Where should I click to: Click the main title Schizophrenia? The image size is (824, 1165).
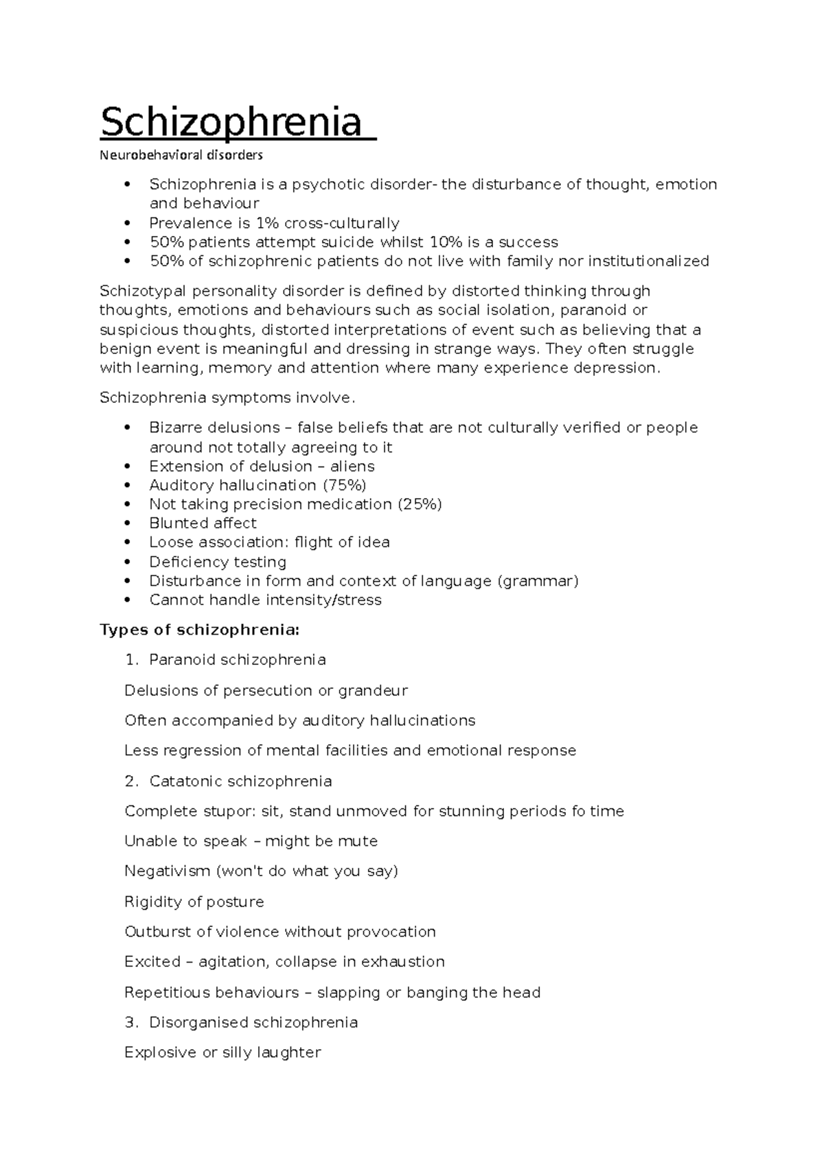231,122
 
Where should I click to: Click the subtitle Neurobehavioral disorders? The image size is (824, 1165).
181,155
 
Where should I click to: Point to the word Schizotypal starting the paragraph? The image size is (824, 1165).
139,291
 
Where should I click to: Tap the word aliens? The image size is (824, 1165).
352,467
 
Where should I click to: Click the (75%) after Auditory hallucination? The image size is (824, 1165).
344,485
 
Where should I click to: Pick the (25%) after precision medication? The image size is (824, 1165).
420,504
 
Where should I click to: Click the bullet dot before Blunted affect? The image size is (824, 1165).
126,523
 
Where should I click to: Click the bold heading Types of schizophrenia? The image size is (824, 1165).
200,630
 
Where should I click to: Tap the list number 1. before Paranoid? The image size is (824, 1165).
132,660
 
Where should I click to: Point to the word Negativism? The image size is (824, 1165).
168,871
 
